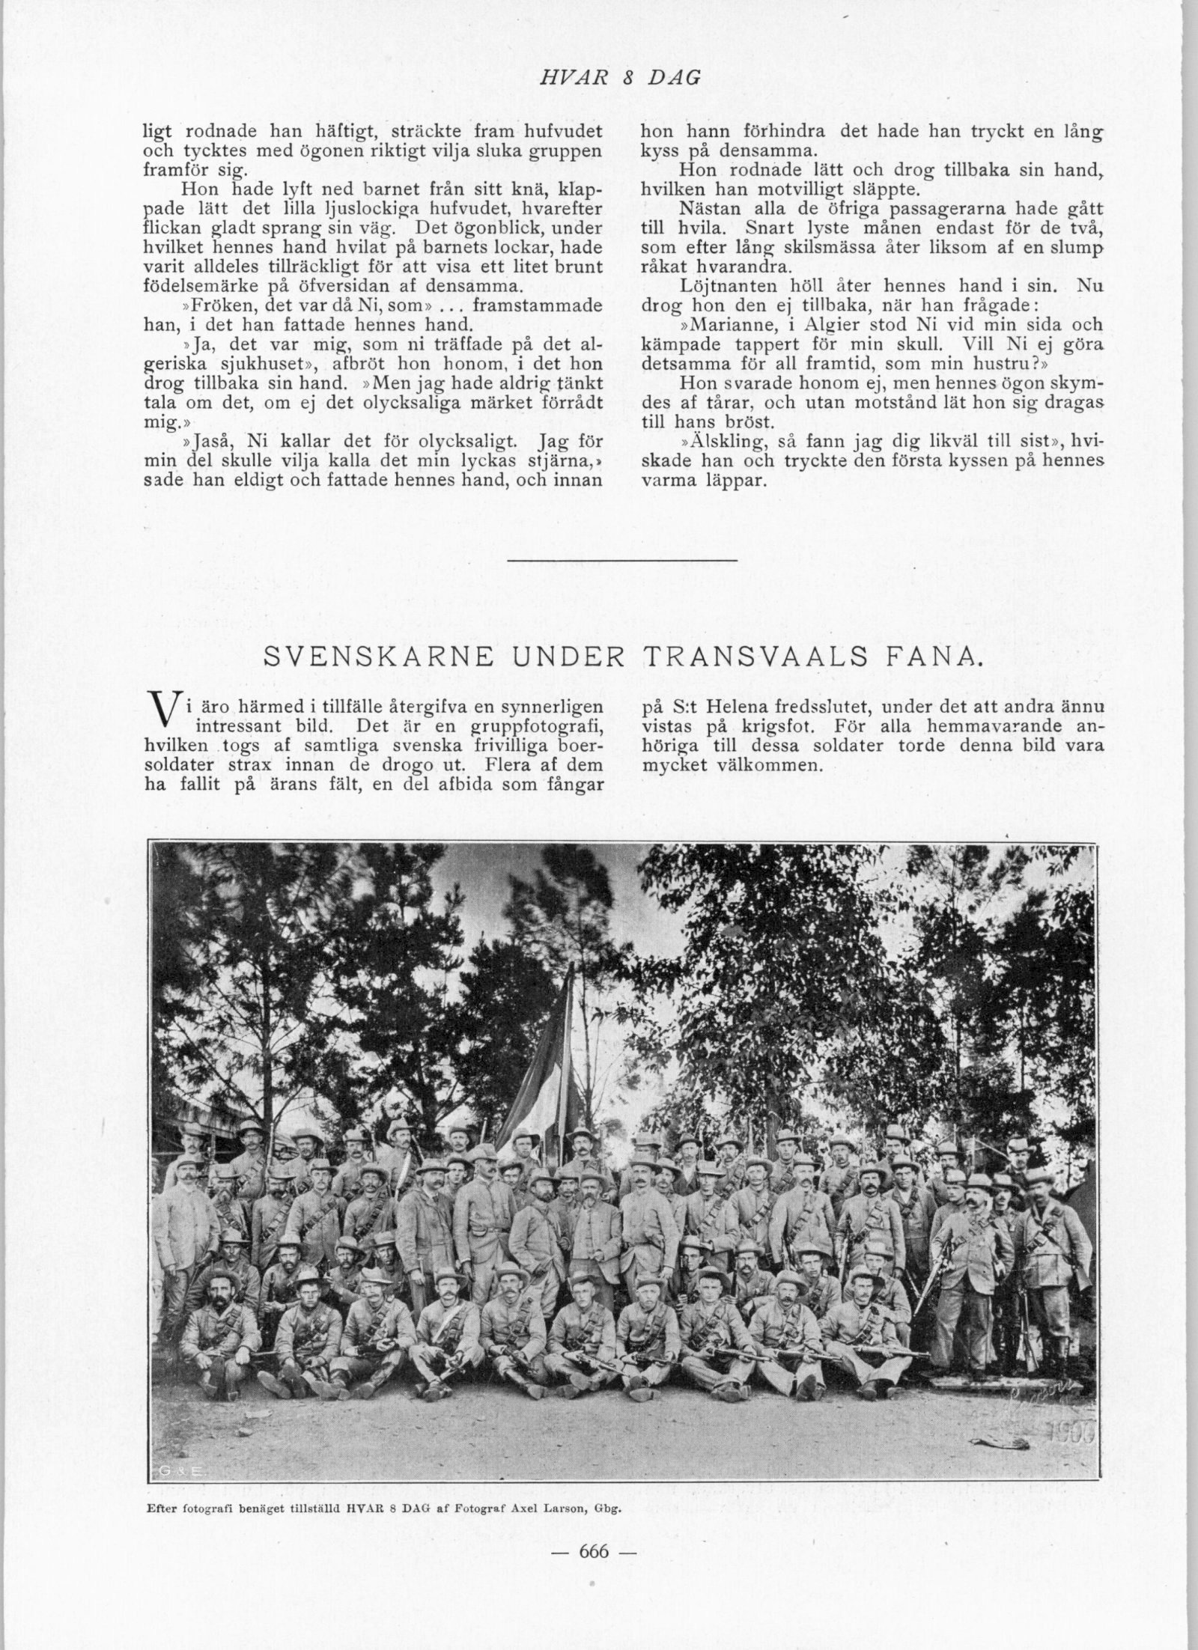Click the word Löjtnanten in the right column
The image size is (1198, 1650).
(x=720, y=286)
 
